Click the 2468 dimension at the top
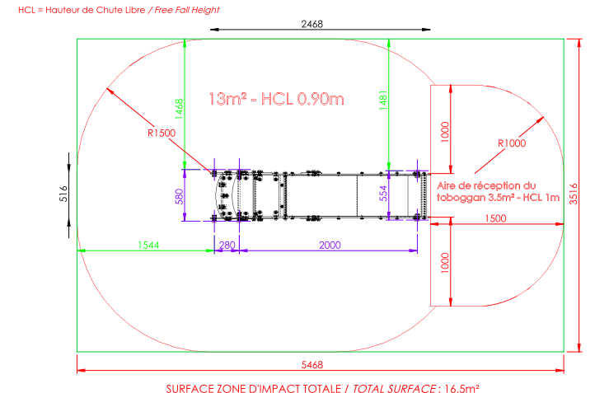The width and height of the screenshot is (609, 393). [x=312, y=24]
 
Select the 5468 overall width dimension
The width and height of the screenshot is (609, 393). [x=312, y=365]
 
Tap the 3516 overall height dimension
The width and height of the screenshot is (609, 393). [x=574, y=194]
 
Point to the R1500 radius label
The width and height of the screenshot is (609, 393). [x=162, y=133]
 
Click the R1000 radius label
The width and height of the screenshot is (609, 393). [x=512, y=143]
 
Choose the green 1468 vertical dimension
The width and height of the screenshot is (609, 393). [x=179, y=109]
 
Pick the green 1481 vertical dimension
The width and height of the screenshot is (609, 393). [x=383, y=101]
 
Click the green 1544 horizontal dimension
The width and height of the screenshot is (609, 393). [x=148, y=245]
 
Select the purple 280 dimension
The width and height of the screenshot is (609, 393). [x=227, y=245]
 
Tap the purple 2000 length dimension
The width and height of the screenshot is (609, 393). [x=330, y=245]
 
